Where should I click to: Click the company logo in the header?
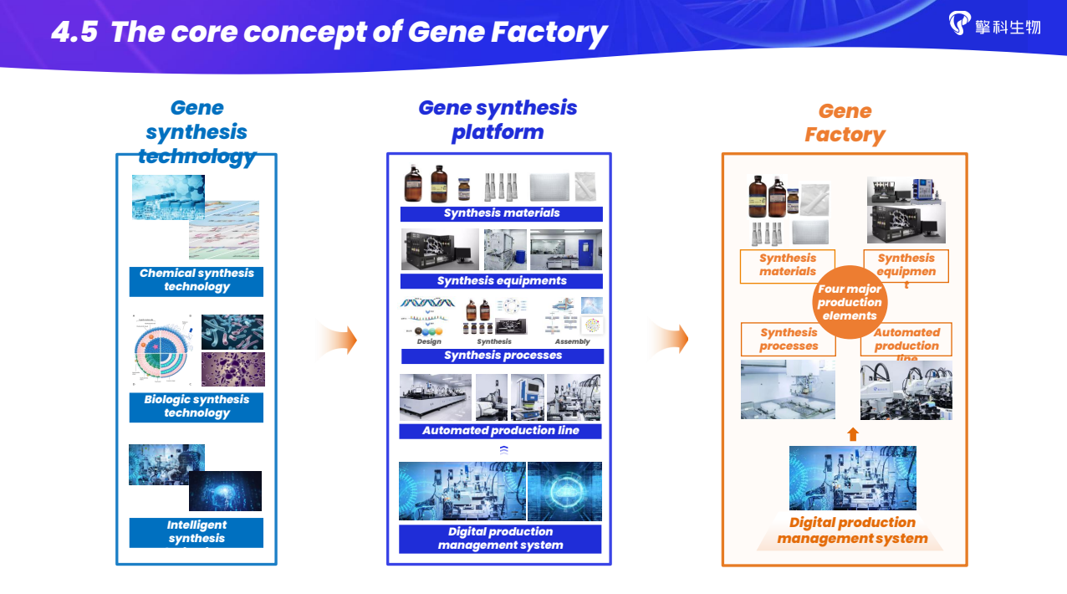click(x=994, y=24)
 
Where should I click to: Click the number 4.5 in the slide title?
click(x=74, y=33)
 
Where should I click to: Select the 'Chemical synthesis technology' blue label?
click(x=197, y=280)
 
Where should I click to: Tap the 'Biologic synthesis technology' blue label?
click(x=197, y=407)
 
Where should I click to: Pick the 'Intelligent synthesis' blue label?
click(x=197, y=532)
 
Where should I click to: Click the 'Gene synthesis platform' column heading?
click(x=498, y=120)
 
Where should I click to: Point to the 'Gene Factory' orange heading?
click(x=845, y=123)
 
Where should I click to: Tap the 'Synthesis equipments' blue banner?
click(x=502, y=281)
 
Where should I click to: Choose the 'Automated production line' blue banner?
click(x=500, y=431)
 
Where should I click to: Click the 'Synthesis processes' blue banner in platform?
click(x=503, y=356)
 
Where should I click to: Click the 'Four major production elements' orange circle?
click(x=850, y=302)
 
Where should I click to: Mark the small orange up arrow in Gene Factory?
click(x=853, y=433)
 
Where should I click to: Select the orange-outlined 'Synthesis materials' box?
click(x=788, y=265)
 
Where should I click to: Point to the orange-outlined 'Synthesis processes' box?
click(x=789, y=339)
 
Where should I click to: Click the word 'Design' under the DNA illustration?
click(x=429, y=341)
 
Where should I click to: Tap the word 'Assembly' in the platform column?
click(x=572, y=341)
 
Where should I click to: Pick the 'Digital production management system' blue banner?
click(x=500, y=538)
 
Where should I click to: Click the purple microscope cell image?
click(x=233, y=369)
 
